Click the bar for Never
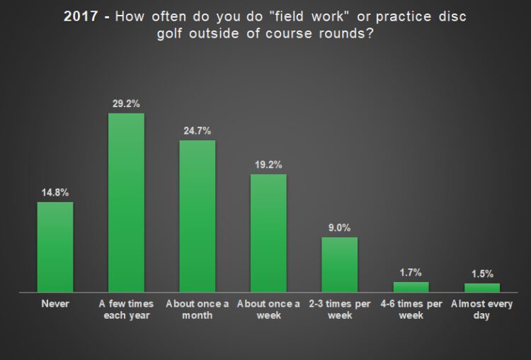coord(55,247)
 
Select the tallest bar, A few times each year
coord(126,203)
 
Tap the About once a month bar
coord(198,216)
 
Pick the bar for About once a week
coord(268,233)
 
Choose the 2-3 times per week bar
coord(340,264)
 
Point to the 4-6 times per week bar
coord(411,287)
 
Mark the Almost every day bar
coord(482,288)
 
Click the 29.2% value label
coord(126,103)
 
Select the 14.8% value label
coord(55,193)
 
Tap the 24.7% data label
coord(198,131)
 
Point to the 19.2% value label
coord(268,164)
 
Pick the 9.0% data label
coord(340,227)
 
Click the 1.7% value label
coord(411,273)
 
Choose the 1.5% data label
coord(482,274)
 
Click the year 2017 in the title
coord(81,16)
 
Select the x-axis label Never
coord(55,304)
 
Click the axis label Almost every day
coord(482,310)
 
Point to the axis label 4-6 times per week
coord(411,310)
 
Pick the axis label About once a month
coord(198,310)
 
